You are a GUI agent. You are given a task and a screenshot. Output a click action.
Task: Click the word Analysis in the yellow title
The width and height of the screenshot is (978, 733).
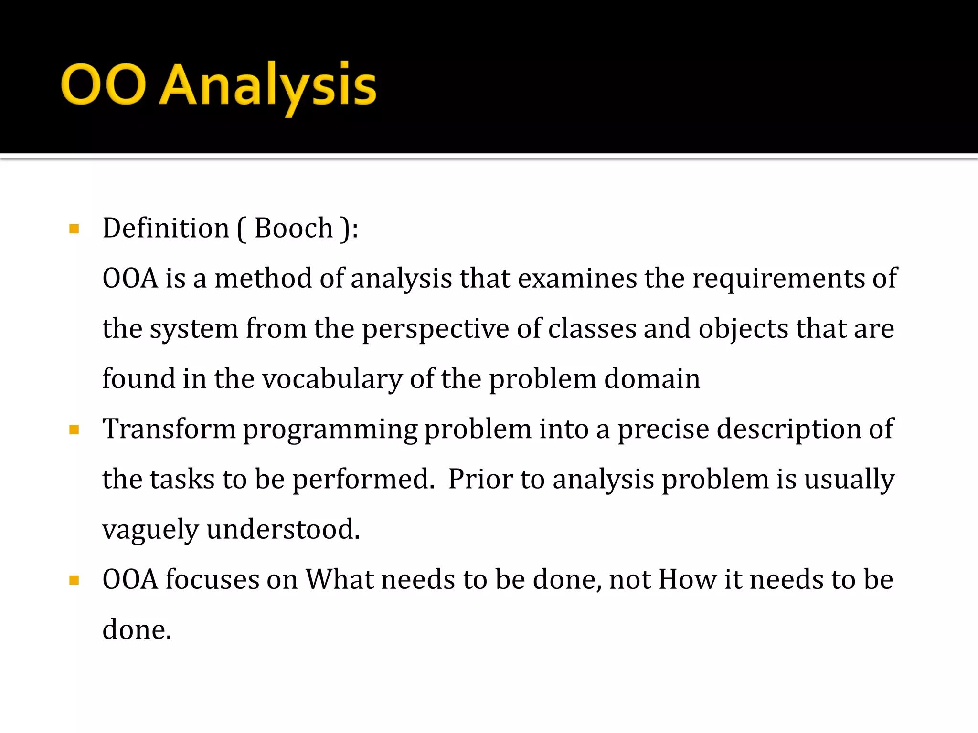pos(267,86)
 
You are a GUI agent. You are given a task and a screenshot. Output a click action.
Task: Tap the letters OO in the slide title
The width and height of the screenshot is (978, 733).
pos(103,84)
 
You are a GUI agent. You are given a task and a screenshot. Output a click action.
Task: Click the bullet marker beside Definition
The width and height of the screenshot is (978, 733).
pos(74,229)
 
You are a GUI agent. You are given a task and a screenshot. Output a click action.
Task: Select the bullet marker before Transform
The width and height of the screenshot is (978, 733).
pos(74,430)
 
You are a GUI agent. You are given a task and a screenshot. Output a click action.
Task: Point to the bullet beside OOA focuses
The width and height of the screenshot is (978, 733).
pos(74,580)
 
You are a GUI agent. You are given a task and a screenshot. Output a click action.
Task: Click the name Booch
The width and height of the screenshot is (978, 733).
pos(293,228)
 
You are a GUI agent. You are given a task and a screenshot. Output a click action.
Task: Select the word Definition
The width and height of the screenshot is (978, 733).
pos(166,228)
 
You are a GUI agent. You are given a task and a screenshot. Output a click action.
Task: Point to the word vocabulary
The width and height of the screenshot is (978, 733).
pos(332,379)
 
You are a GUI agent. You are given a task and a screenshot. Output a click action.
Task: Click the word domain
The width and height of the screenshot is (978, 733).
pos(652,379)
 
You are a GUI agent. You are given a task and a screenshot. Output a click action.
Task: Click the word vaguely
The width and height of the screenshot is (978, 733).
pos(150,530)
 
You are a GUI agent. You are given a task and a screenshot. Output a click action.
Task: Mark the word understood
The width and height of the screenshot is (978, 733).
pos(283,529)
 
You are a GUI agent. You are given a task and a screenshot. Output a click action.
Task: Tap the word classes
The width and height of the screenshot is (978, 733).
pos(592,329)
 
